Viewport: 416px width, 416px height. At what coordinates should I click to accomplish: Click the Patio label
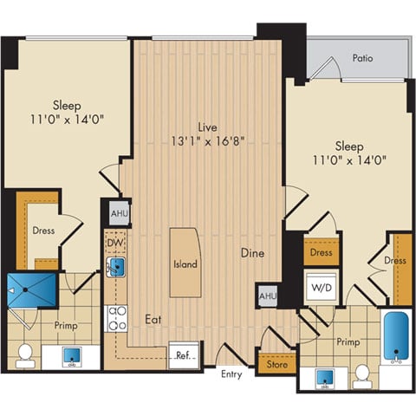[362, 58]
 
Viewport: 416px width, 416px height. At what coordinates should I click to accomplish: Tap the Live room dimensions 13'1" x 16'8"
[207, 139]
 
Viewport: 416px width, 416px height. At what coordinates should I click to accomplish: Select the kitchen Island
[184, 263]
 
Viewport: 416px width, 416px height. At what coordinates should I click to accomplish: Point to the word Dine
[253, 254]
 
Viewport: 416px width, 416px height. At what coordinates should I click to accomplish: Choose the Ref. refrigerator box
[182, 355]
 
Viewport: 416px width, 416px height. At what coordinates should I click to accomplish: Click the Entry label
[231, 374]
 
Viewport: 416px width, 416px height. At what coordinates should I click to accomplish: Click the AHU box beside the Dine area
[266, 296]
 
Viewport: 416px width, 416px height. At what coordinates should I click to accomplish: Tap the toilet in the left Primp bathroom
[25, 354]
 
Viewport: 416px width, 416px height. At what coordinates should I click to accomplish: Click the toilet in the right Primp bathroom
[361, 374]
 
